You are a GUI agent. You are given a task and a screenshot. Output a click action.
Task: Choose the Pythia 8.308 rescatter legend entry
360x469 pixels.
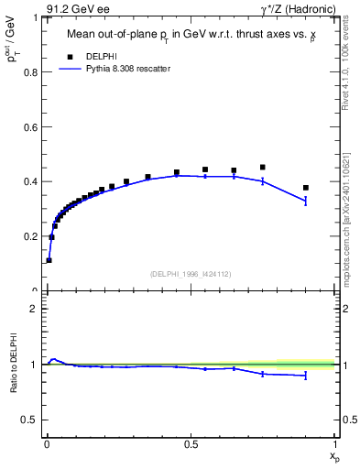click(x=115, y=69)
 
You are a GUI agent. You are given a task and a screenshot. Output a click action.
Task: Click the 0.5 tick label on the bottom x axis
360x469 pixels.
click(x=191, y=444)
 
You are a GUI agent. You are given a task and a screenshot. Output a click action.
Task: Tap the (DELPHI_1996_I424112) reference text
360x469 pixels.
click(x=190, y=272)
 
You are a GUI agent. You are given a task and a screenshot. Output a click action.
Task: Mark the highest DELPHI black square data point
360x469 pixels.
click(x=263, y=168)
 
